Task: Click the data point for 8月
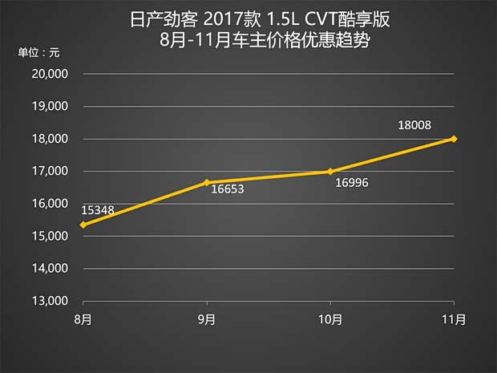[x=83, y=225]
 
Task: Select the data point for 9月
[x=207, y=182]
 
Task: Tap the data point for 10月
[x=331, y=171]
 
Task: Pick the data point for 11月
[x=455, y=139]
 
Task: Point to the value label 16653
[x=227, y=191]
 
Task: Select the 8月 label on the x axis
[x=83, y=319]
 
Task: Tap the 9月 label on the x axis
[x=207, y=319]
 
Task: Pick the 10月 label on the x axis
[x=331, y=319]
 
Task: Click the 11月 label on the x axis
[x=455, y=319]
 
